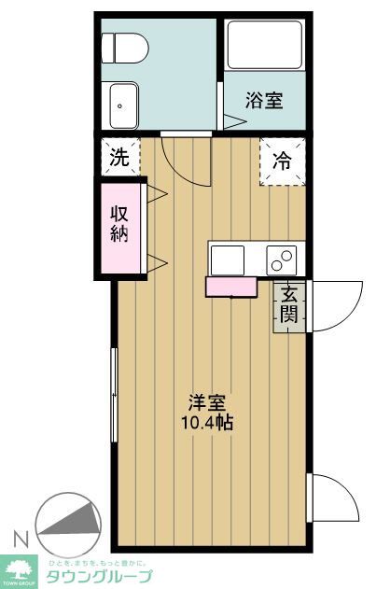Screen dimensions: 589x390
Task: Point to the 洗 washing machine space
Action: click(118, 156)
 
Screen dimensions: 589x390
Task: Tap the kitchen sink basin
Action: click(228, 258)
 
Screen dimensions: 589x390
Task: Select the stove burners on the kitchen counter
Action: click(280, 258)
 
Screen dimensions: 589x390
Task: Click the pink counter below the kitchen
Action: click(230, 287)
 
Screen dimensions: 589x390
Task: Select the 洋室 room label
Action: click(207, 403)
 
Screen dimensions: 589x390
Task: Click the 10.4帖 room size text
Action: click(207, 422)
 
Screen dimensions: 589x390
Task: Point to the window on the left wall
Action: click(114, 397)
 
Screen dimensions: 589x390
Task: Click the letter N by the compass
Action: click(19, 539)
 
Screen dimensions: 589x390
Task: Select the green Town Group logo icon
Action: click(19, 566)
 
